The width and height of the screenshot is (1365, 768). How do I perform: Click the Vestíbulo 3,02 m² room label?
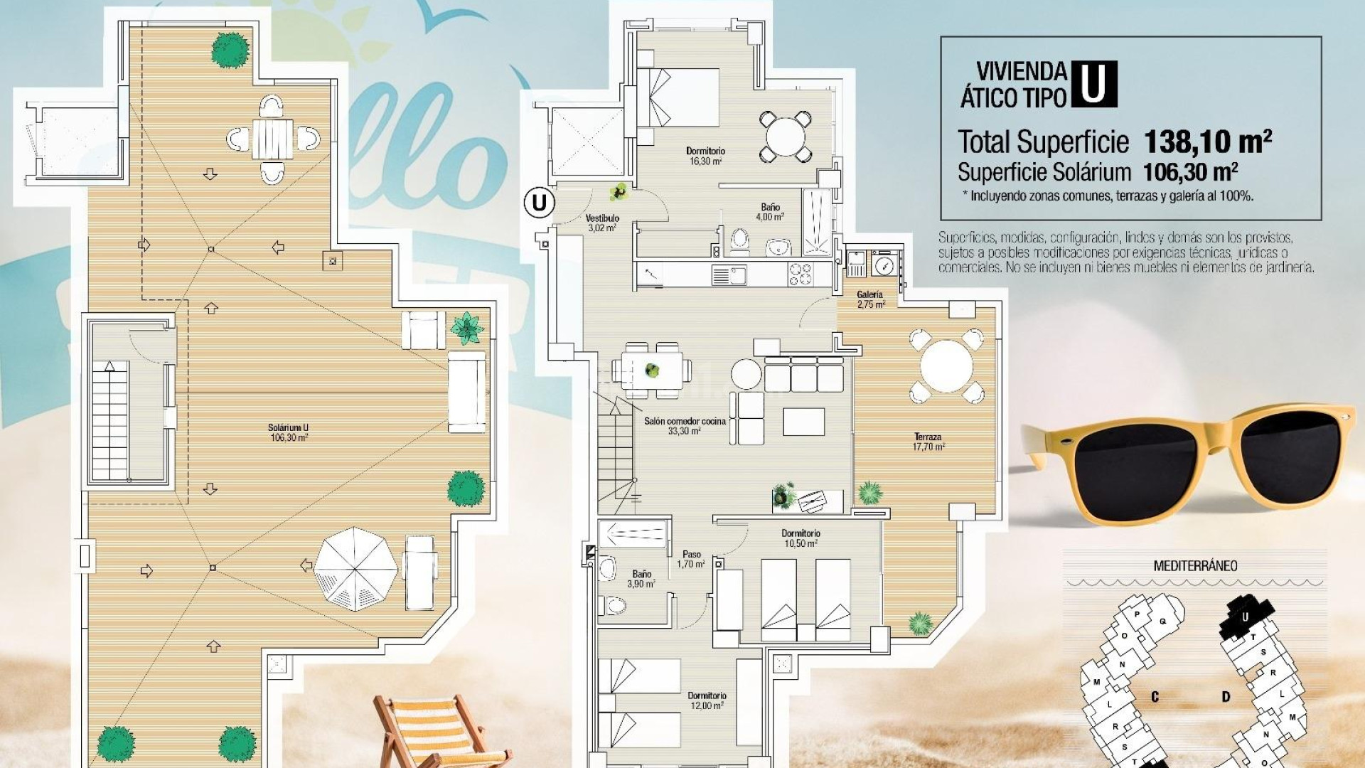(602, 223)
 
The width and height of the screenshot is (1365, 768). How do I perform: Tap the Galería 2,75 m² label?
(870, 299)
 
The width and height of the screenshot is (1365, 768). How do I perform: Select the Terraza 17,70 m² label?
(928, 442)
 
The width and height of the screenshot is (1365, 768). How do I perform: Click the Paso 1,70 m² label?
(691, 559)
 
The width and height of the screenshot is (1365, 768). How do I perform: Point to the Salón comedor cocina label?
(685, 426)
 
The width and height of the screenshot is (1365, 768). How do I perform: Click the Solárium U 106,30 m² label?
(288, 432)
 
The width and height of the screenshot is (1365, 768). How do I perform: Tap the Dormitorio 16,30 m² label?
(705, 156)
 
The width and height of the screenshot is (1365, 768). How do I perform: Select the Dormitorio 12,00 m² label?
(706, 700)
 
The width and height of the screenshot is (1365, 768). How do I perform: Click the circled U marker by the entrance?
(539, 203)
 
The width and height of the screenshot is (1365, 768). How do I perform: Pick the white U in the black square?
(1093, 84)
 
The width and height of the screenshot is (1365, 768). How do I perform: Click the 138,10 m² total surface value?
(1207, 142)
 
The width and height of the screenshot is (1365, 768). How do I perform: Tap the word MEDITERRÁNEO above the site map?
(1195, 566)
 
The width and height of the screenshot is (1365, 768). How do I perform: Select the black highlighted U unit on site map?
(1246, 616)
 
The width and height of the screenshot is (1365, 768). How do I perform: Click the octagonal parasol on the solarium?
(356, 569)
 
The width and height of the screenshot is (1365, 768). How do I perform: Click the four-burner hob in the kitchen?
(800, 274)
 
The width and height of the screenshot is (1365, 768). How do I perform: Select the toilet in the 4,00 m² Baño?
(739, 240)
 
